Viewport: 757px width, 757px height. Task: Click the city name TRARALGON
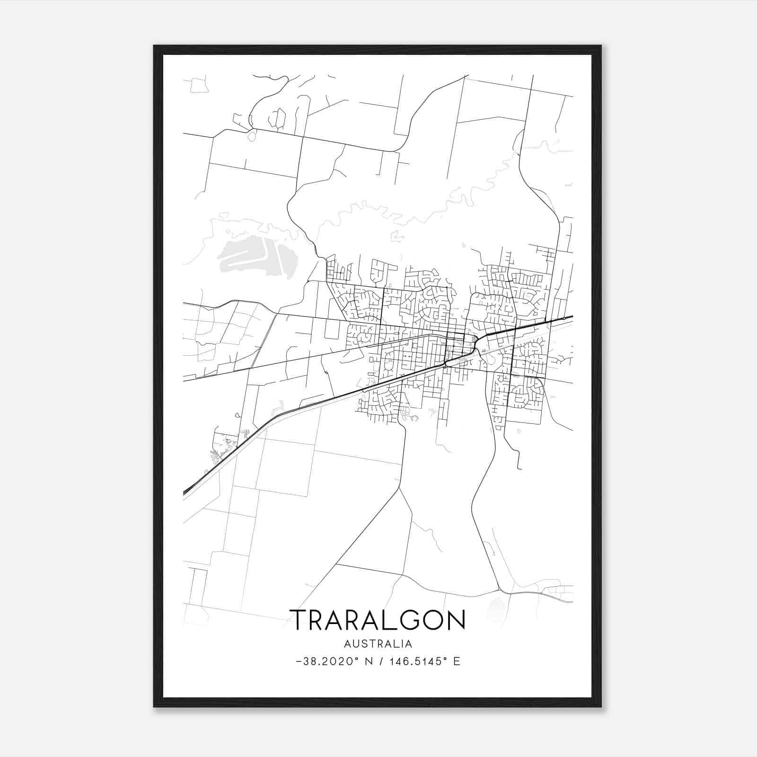click(x=378, y=620)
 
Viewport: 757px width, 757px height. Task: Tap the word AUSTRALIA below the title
click(x=378, y=644)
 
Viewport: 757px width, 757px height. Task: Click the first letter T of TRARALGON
click(x=299, y=620)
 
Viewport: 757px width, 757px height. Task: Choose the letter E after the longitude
click(x=457, y=661)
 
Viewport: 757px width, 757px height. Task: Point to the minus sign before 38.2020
click(x=298, y=661)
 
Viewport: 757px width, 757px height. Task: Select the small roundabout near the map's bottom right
click(x=499, y=589)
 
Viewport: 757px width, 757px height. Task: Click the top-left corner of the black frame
click(x=155, y=46)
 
